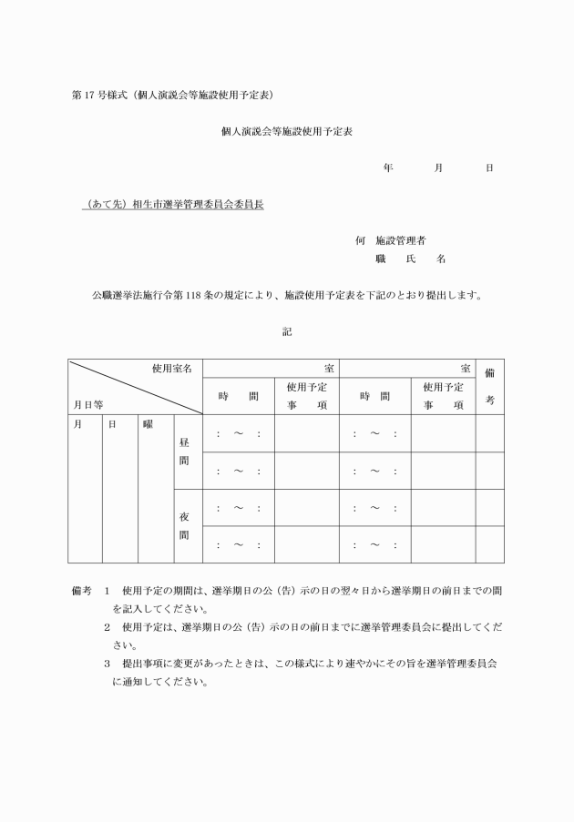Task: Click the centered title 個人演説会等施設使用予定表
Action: tap(287, 132)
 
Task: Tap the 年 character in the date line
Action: tap(388, 168)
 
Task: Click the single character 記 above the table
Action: tap(286, 332)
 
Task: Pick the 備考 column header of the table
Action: tap(489, 386)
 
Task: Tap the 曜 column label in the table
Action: tap(147, 424)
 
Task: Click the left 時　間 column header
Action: tap(238, 397)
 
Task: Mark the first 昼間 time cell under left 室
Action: tap(238, 434)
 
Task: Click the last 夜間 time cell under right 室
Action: tap(374, 545)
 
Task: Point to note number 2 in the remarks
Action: tap(108, 628)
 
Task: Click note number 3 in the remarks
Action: tap(108, 665)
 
